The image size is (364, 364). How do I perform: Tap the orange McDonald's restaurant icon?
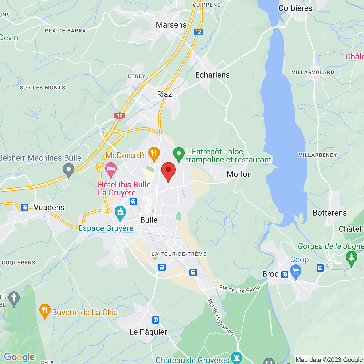[x=154, y=154]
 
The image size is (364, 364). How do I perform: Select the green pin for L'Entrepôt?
[x=179, y=154]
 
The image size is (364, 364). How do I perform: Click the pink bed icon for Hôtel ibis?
[x=111, y=169]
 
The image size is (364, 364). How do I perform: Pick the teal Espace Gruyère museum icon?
[x=120, y=213]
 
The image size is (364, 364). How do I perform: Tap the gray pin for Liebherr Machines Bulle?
[x=68, y=170]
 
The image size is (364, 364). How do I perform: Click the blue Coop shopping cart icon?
[x=296, y=271]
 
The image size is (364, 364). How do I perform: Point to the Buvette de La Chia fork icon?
[x=45, y=311]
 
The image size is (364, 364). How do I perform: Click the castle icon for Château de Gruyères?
[x=236, y=358]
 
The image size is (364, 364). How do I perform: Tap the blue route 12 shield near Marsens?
[x=198, y=32]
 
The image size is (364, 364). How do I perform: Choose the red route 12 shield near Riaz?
[x=119, y=116]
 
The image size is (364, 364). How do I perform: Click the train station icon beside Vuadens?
[x=25, y=207]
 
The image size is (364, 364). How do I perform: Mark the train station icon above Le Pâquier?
[x=155, y=320]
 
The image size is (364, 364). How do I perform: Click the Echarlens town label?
[x=212, y=75]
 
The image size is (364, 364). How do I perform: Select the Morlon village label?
[x=239, y=174]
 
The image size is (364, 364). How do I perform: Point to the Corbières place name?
[x=295, y=8]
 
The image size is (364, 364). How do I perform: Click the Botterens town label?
[x=329, y=213]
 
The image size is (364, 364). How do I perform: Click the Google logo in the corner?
[x=19, y=357]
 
